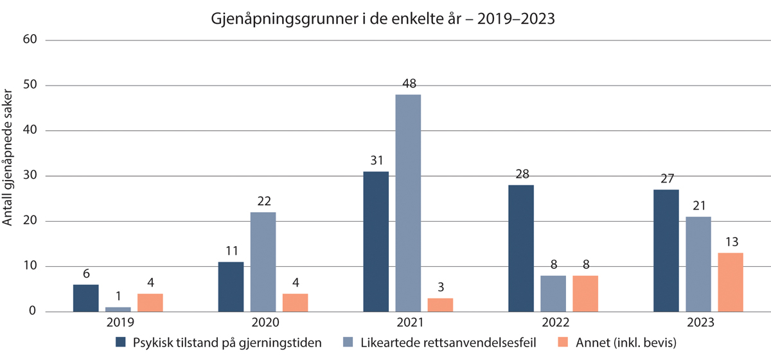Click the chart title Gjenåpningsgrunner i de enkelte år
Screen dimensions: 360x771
[383, 19]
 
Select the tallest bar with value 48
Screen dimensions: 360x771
[408, 203]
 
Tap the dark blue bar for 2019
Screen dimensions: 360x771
[86, 298]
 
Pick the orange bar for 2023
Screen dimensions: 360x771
[731, 282]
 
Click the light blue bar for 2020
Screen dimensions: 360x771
[263, 262]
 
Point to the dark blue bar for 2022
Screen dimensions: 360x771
[520, 248]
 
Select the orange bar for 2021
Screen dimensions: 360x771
[440, 305]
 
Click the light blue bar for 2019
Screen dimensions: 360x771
[118, 309]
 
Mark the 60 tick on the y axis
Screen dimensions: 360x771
[31, 40]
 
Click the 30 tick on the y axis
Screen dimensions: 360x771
[31, 176]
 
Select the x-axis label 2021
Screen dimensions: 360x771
[408, 323]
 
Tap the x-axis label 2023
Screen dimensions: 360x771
[698, 323]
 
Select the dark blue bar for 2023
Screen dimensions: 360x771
[666, 251]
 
